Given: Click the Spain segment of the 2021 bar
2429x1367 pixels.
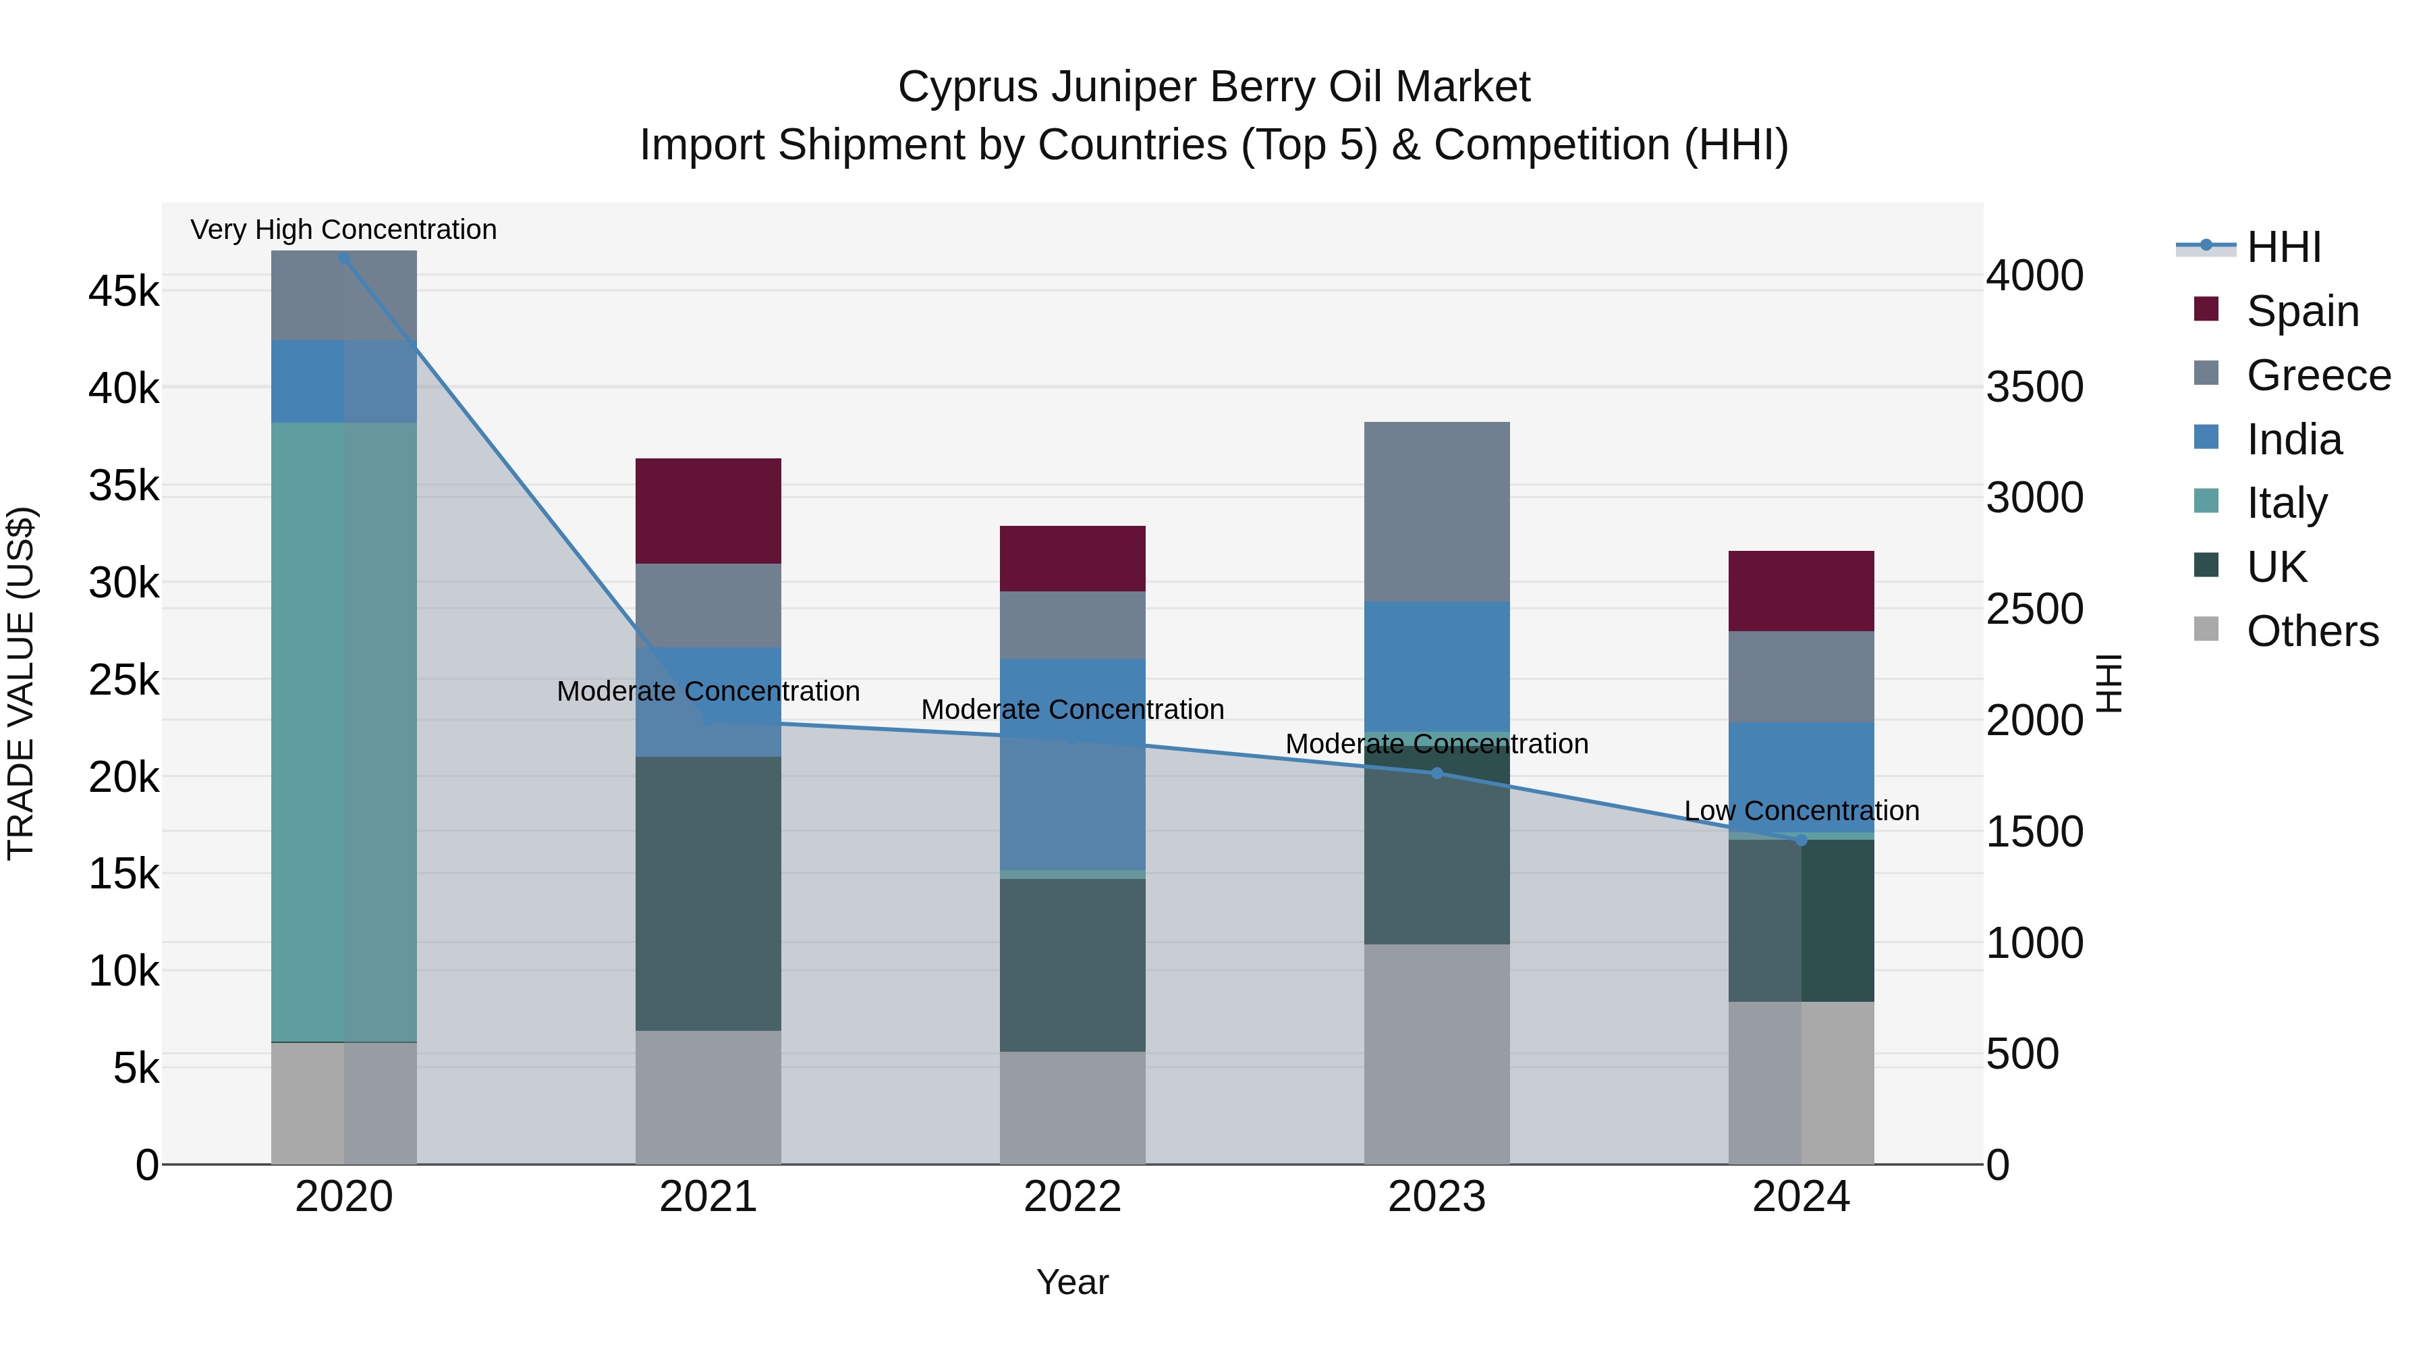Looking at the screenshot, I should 708,510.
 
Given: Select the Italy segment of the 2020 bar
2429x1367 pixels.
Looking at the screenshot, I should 343,731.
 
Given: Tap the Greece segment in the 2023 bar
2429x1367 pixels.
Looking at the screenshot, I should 1436,510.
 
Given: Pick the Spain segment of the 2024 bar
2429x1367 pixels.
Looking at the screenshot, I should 1800,591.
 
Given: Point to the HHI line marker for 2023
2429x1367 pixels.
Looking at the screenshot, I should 1436,773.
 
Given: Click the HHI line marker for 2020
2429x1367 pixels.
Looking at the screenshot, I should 343,259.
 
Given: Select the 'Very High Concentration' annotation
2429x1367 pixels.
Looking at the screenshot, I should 343,230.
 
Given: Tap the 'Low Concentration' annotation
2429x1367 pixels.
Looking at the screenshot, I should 1800,810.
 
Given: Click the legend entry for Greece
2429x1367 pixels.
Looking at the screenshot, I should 2318,375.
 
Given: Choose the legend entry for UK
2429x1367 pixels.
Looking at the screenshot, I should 2277,567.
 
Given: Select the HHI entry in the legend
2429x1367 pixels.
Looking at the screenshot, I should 2283,247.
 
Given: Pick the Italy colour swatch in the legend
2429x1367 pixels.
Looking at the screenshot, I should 2206,501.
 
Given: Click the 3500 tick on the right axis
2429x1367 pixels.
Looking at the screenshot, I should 2034,387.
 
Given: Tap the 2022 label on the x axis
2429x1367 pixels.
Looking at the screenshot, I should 1072,1197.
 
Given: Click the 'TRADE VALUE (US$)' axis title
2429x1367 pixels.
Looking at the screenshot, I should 21,683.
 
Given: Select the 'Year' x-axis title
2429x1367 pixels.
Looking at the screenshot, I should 1072,1282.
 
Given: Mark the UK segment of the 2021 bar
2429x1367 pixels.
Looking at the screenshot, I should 708,892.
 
